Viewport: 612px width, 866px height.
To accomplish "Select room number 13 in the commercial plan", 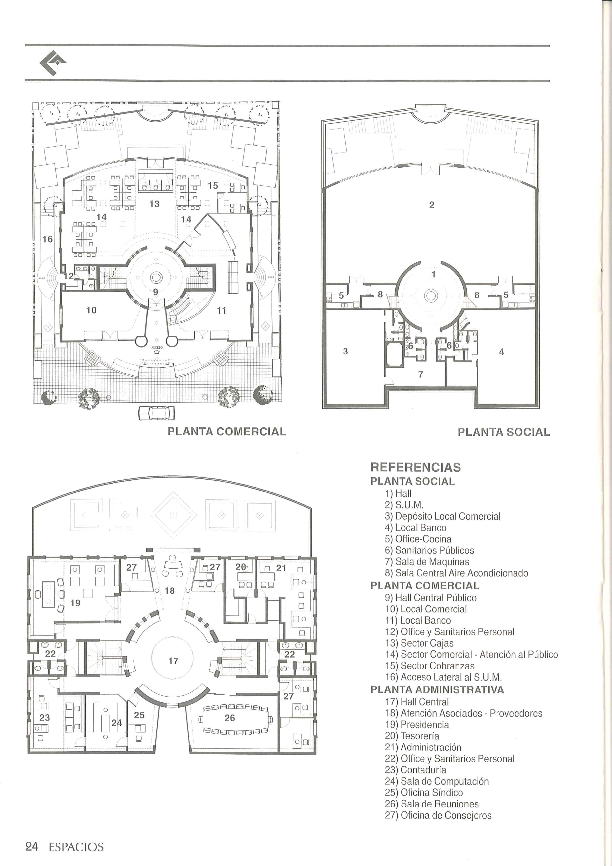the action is pyautogui.click(x=154, y=204).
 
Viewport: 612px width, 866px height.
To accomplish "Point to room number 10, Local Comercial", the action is pyautogui.click(x=91, y=310).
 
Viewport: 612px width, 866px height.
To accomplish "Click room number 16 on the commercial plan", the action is pyautogui.click(x=48, y=239).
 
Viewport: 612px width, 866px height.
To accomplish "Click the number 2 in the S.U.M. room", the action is pyautogui.click(x=432, y=205).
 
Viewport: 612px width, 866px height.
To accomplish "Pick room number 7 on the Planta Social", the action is pyautogui.click(x=421, y=374).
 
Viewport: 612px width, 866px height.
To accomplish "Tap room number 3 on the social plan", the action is pyautogui.click(x=345, y=351).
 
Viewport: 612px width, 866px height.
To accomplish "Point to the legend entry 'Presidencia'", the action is pyautogui.click(x=425, y=725).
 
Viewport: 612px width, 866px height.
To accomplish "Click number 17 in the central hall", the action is pyautogui.click(x=173, y=661).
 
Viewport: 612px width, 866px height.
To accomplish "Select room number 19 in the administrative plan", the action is pyautogui.click(x=76, y=603).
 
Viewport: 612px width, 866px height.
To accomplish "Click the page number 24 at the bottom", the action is pyautogui.click(x=32, y=847).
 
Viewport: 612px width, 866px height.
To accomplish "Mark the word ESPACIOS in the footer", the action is pyautogui.click(x=76, y=847).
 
